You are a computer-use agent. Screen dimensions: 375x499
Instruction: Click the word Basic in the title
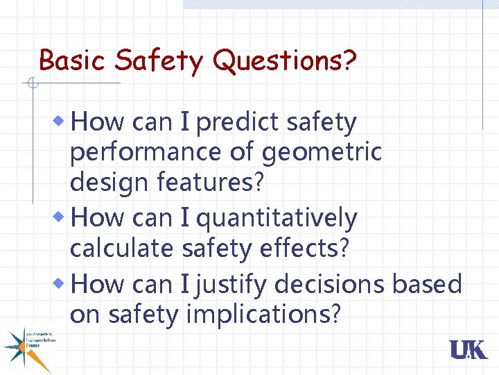[x=73, y=60]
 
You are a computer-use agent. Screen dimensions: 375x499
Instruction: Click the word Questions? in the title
[x=286, y=61]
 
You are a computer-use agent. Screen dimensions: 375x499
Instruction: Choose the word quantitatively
[x=277, y=219]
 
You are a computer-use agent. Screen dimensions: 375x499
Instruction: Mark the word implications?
[x=263, y=315]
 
